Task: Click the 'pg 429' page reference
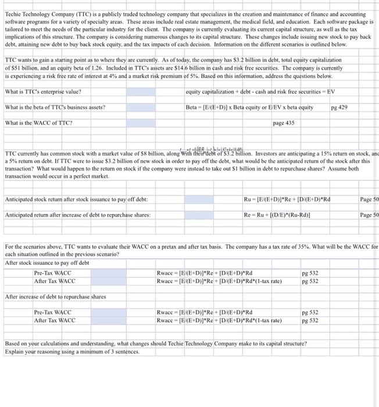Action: click(x=339, y=107)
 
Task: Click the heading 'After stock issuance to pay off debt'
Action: click(x=47, y=263)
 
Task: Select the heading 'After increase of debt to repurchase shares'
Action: click(x=56, y=297)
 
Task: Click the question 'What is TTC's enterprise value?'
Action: click(x=43, y=91)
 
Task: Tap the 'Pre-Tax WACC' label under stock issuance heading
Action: click(x=53, y=273)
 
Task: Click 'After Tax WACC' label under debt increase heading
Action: click(x=55, y=320)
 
